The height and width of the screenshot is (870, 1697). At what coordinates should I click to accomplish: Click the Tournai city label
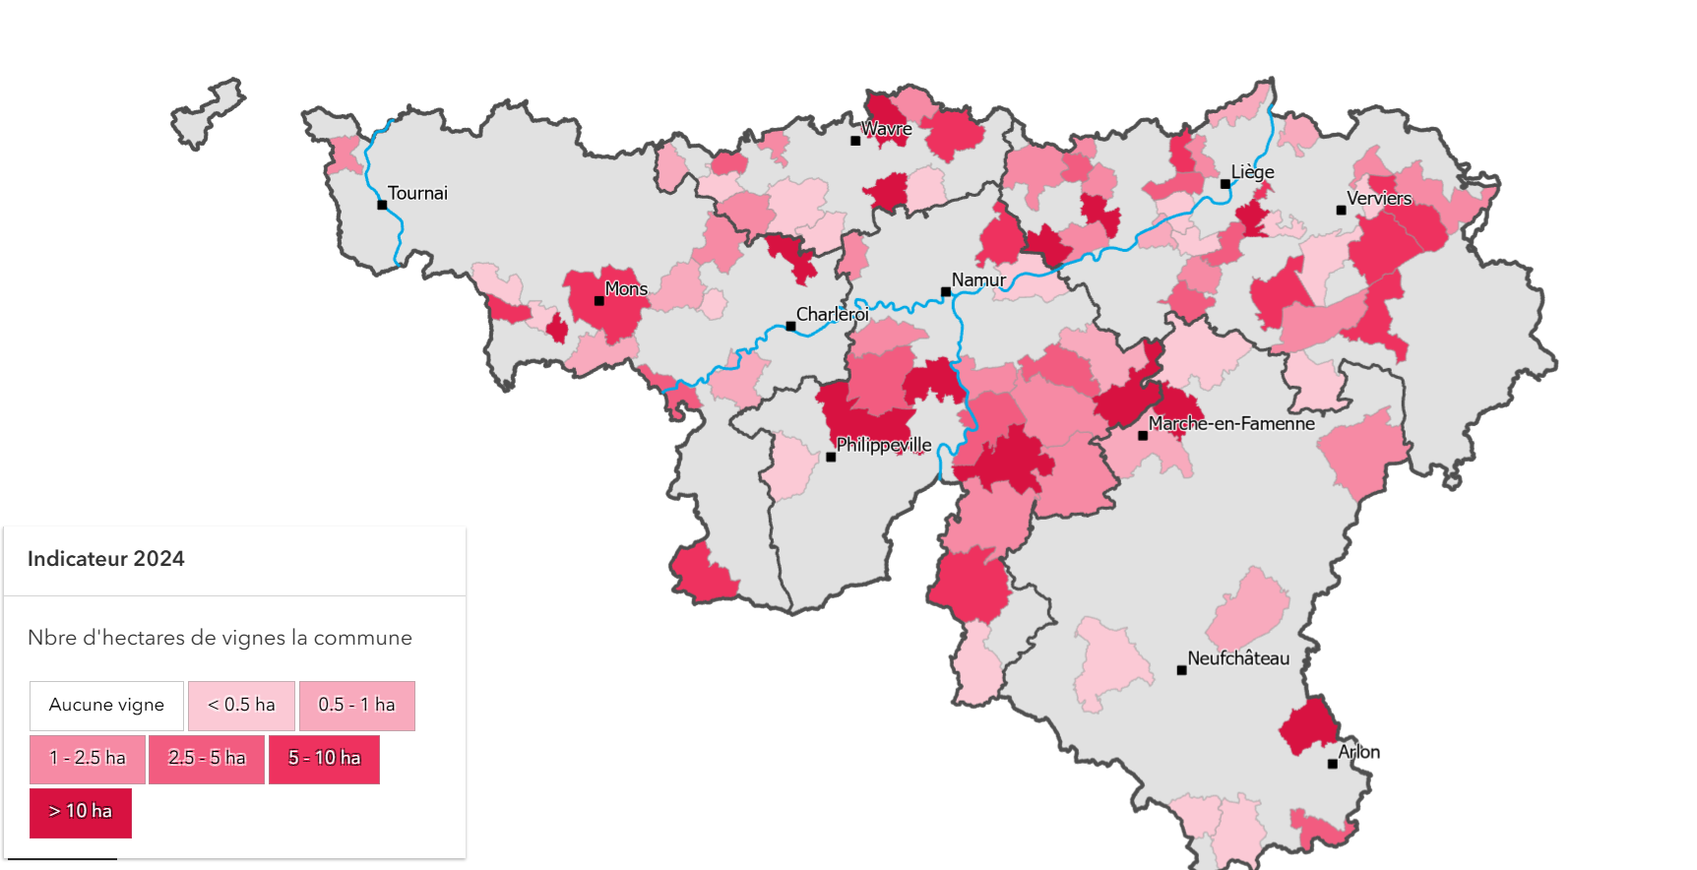coord(417,193)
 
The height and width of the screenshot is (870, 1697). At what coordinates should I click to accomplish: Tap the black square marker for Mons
coord(598,301)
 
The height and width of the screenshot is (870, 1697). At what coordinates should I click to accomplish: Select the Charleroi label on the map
coord(832,314)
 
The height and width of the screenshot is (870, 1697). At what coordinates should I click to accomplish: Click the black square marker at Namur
coord(945,292)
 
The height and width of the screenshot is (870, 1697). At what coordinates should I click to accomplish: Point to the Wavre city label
coord(886,129)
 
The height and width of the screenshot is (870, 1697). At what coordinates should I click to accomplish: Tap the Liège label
coord(1252,172)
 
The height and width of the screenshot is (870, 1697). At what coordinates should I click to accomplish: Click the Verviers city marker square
coord(1341,211)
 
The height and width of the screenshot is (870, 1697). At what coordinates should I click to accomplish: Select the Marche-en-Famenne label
coord(1230,423)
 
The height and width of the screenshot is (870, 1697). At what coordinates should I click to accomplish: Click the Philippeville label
coord(883,445)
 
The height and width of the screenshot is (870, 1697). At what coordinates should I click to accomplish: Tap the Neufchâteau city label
coord(1237,658)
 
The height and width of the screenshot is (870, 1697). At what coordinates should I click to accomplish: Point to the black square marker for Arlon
coord(1332,764)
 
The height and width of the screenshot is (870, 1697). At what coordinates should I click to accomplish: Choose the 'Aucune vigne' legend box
coord(106,705)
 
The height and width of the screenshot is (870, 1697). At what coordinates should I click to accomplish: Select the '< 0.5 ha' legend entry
coord(241,705)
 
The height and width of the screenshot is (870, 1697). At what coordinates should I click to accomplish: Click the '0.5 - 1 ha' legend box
coord(356,705)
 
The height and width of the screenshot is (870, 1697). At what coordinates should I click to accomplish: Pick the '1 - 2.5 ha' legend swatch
coord(88,758)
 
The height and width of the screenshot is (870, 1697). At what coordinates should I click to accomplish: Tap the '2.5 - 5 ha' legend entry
coord(206,758)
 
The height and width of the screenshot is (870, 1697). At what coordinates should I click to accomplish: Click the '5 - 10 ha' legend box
coord(324,758)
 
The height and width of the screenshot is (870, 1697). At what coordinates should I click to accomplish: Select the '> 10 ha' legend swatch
coord(81,812)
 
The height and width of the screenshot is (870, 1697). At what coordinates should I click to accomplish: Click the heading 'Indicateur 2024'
coord(106,559)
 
